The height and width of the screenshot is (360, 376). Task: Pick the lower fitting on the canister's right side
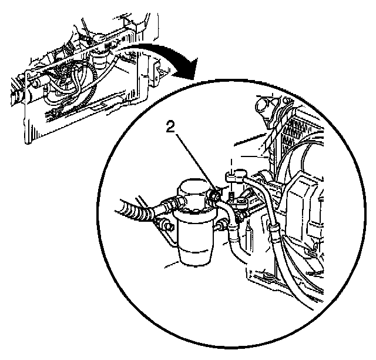tap(223, 224)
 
